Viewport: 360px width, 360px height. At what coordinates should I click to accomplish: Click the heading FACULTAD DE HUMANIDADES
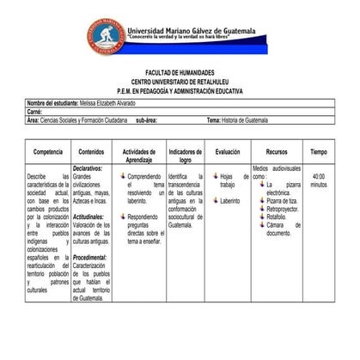pyautogui.click(x=180, y=73)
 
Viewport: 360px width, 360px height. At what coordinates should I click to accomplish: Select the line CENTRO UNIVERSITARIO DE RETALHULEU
pyautogui.click(x=180, y=81)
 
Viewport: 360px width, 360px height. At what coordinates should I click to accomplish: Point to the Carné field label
pyautogui.click(x=35, y=112)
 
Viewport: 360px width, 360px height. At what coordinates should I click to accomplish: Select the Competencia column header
pyautogui.click(x=46, y=151)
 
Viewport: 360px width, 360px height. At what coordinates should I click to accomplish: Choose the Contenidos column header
pyautogui.click(x=91, y=151)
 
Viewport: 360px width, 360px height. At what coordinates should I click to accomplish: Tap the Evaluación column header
pyautogui.click(x=227, y=151)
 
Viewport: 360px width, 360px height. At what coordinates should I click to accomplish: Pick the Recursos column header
pyautogui.click(x=277, y=151)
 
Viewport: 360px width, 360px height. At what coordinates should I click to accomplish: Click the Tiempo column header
pyautogui.click(x=319, y=151)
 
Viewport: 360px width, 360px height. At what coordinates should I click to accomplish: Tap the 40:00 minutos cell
pyautogui.click(x=318, y=180)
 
